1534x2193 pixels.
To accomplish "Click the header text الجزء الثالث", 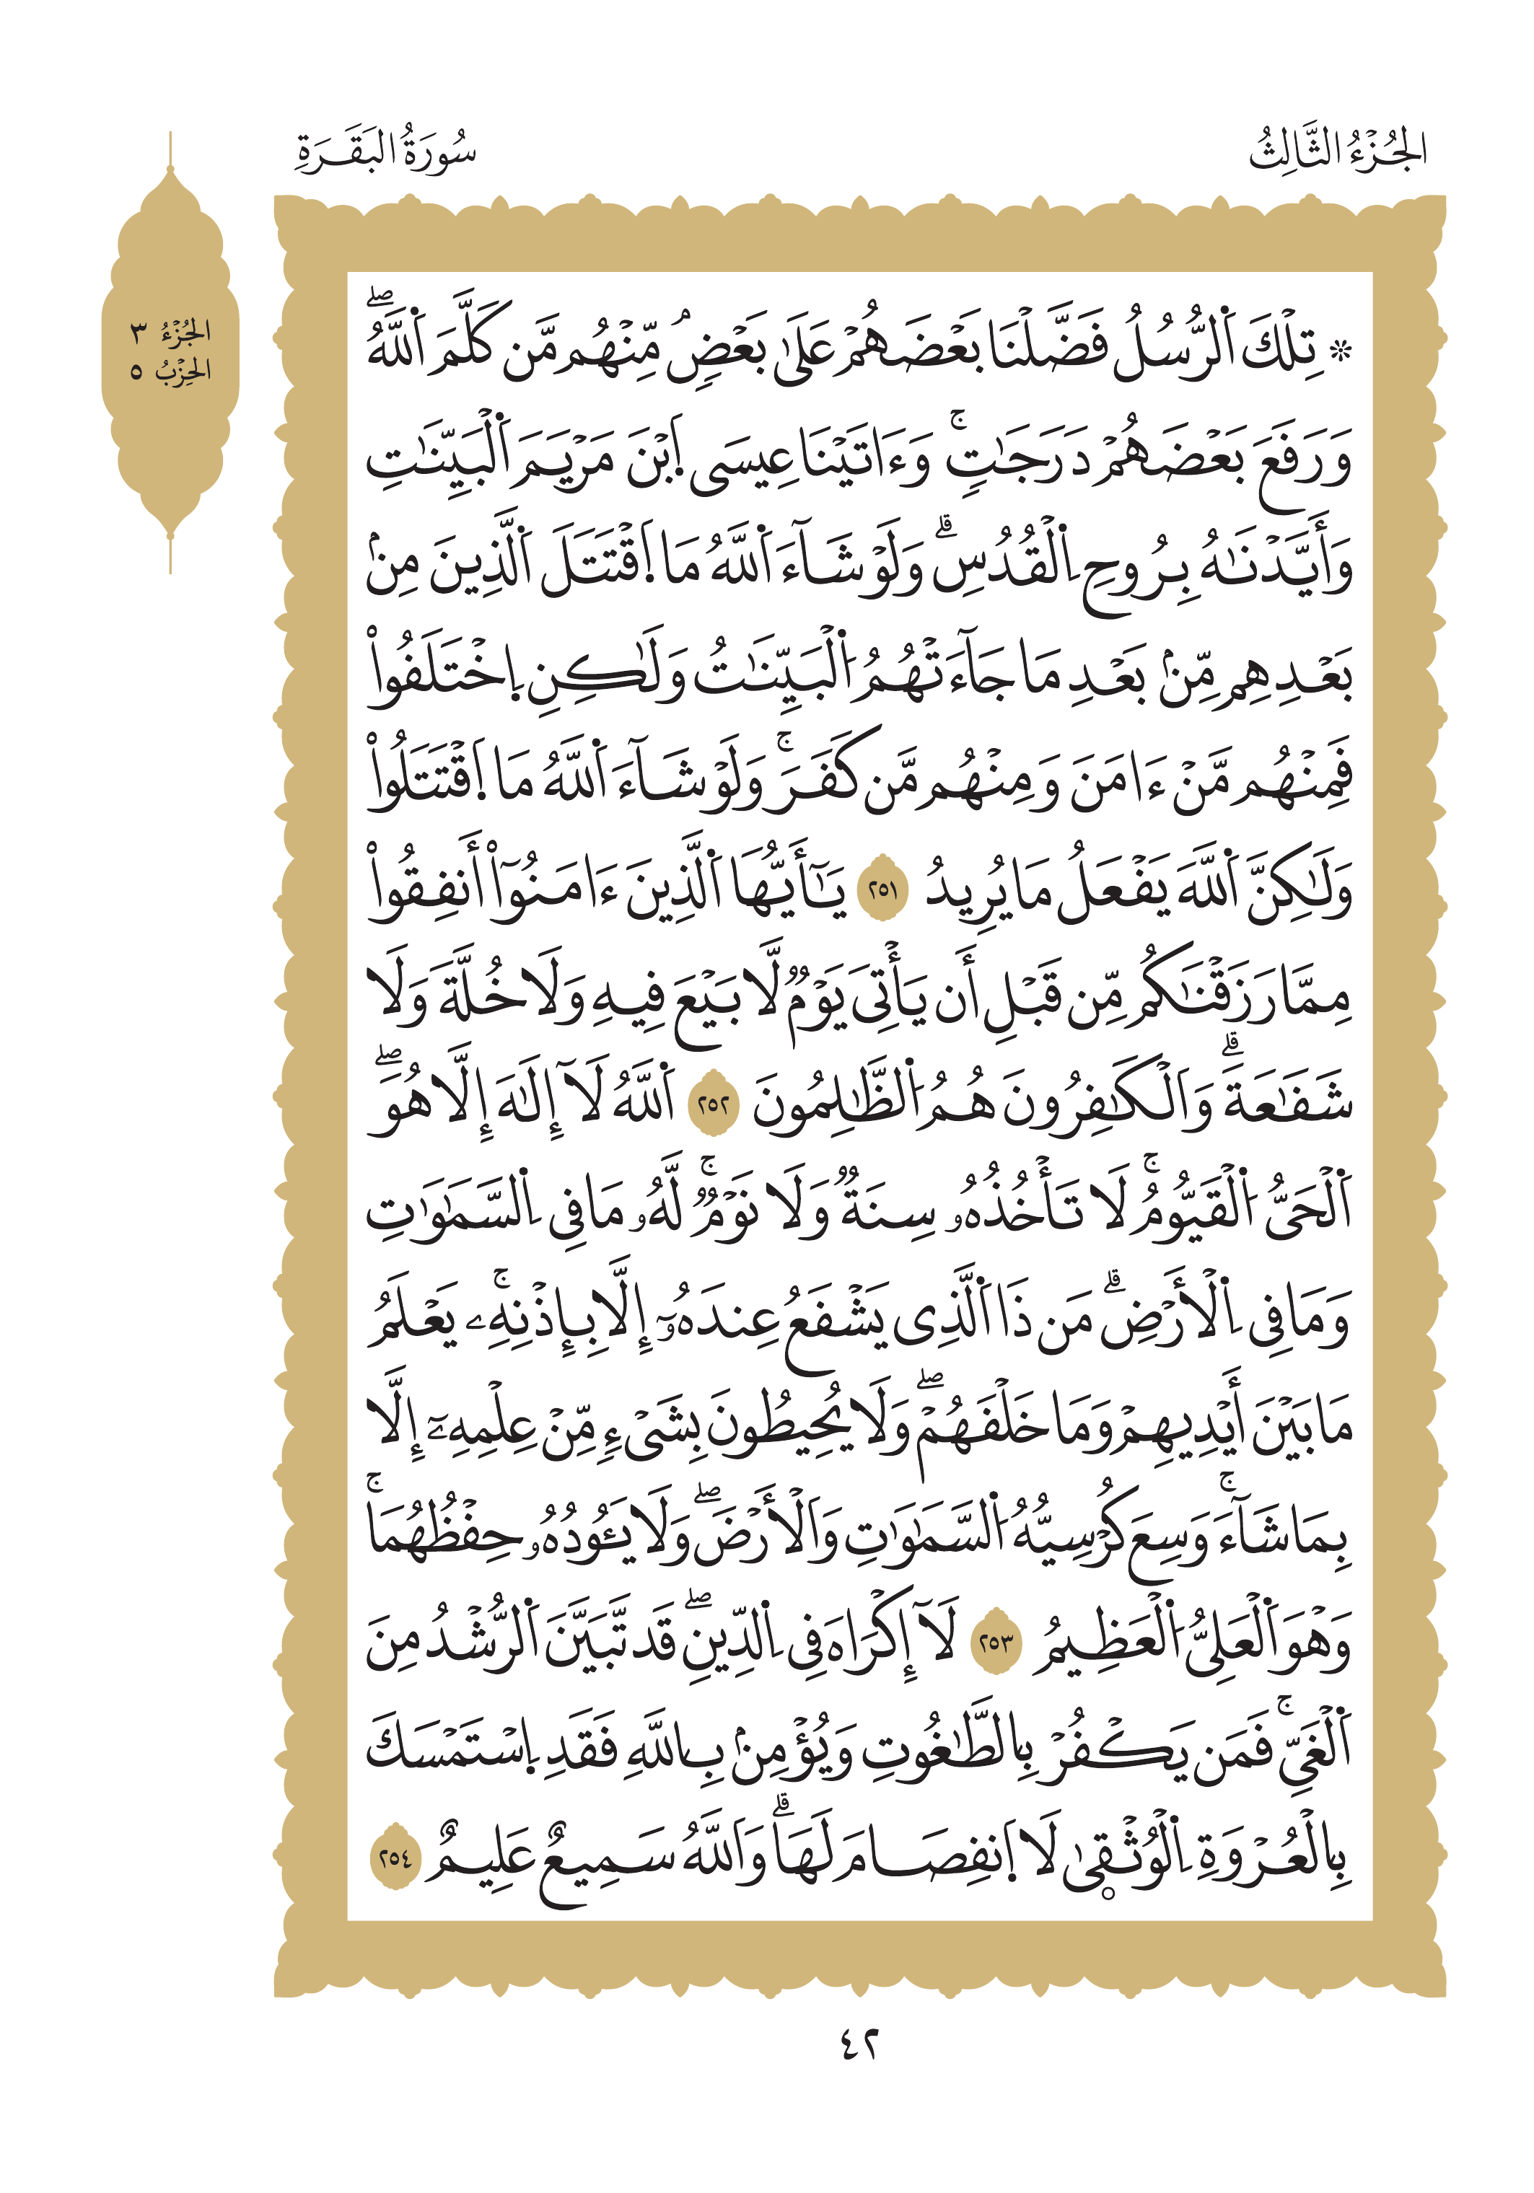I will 1337,151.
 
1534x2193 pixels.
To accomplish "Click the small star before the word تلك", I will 1342,351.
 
